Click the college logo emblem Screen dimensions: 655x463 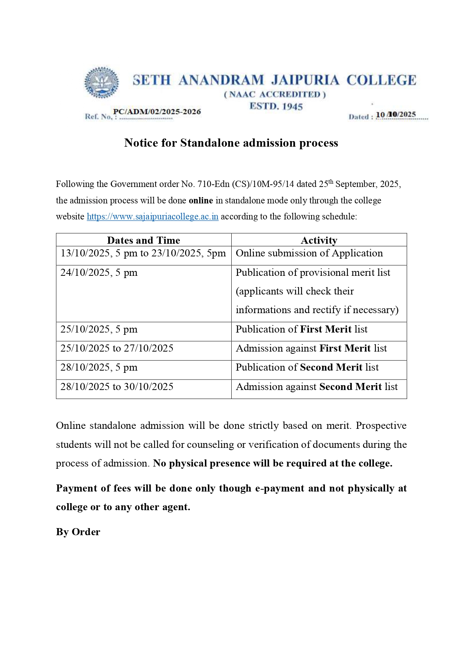point(101,83)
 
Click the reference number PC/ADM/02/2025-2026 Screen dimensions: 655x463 point(157,112)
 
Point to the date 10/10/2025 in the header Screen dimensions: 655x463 point(395,115)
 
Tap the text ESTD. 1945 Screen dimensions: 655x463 point(276,106)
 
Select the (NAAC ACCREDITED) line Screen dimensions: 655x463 point(275,94)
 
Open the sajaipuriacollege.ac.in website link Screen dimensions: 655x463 point(153,216)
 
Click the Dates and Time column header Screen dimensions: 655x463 point(144,240)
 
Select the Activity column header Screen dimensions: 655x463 point(319,240)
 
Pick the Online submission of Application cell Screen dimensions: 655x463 point(309,253)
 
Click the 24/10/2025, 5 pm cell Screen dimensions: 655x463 point(99,272)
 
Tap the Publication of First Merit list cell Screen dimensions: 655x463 point(301,329)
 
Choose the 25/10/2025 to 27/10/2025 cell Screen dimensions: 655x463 point(117,348)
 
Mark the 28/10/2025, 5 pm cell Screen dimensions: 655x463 point(99,367)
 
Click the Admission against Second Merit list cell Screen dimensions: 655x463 point(317,387)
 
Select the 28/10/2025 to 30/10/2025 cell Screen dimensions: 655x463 point(117,387)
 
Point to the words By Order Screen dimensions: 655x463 point(78,532)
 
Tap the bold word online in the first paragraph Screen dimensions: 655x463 point(201,200)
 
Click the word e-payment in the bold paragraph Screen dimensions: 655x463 point(279,488)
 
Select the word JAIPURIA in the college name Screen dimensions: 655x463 point(305,80)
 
